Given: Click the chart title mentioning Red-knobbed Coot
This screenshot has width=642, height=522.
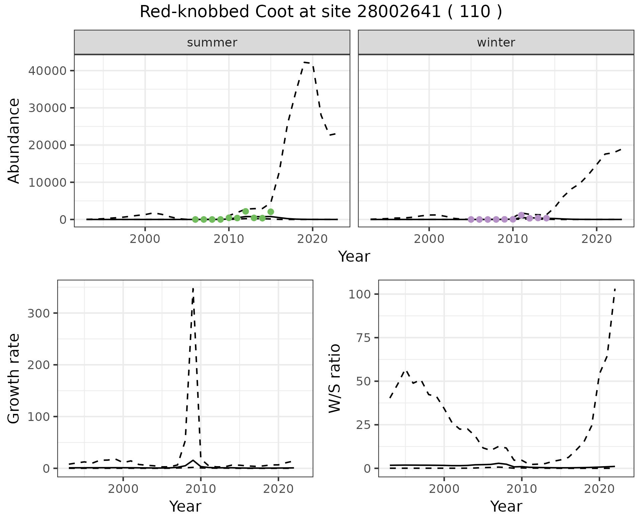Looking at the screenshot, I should pyautogui.click(x=321, y=12).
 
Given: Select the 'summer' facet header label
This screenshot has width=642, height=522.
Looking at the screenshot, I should pyautogui.click(x=212, y=42).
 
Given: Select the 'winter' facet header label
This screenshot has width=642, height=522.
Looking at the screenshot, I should pyautogui.click(x=496, y=42).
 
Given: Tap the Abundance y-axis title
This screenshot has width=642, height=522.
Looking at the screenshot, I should pyautogui.click(x=14, y=141).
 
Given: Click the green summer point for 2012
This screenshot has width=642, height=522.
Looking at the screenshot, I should pyautogui.click(x=245, y=211).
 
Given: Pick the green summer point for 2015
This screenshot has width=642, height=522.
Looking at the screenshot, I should pyautogui.click(x=271, y=211).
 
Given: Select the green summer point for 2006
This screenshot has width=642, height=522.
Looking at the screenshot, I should pyautogui.click(x=195, y=220).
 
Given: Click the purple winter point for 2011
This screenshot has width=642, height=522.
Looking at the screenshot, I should pyautogui.click(x=521, y=215).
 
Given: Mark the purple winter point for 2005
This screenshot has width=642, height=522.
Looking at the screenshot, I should pyautogui.click(x=471, y=220).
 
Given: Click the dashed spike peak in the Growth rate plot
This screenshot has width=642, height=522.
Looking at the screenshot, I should pyautogui.click(x=193, y=288).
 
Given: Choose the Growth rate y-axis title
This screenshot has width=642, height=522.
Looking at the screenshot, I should pyautogui.click(x=14, y=378).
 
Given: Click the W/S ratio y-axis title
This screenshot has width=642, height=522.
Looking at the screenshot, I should pyautogui.click(x=335, y=378).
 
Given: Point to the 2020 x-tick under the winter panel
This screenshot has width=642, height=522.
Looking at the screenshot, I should pyautogui.click(x=596, y=239).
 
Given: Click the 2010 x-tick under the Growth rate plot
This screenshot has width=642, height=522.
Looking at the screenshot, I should pyautogui.click(x=201, y=489).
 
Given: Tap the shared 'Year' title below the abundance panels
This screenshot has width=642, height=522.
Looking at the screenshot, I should pyautogui.click(x=354, y=257).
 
